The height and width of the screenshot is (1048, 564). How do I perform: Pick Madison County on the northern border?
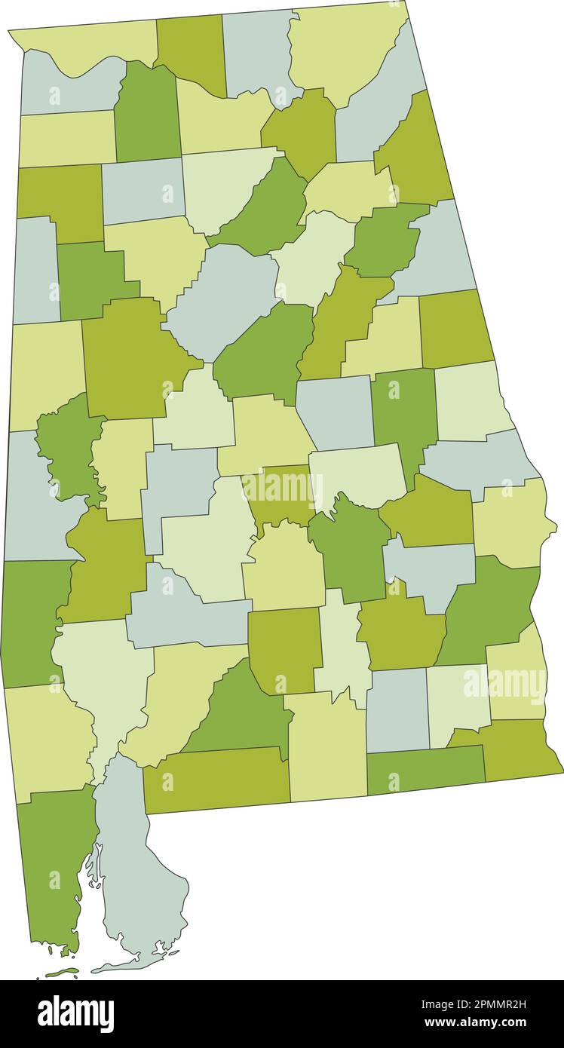tap(256, 49)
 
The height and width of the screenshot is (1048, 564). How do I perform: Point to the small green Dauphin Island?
tap(62, 973)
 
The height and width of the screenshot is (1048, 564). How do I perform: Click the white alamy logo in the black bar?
tap(75, 1013)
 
